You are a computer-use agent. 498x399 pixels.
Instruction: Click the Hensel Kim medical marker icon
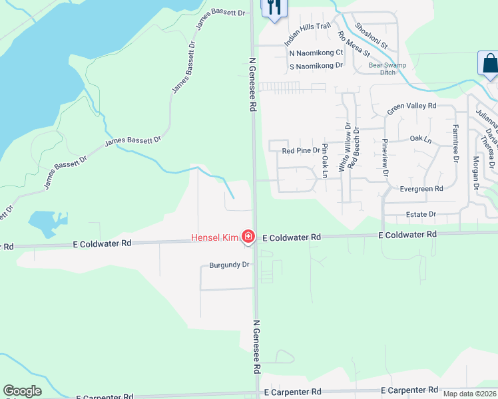pos(248,236)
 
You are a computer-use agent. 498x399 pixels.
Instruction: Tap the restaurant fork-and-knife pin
pos(273,8)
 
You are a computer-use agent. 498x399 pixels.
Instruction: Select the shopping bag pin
pos(489,64)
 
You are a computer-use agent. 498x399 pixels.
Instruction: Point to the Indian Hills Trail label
pos(308,35)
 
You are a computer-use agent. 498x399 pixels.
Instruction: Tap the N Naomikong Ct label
pos(316,53)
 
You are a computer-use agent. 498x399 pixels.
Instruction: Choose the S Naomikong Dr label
pos(316,66)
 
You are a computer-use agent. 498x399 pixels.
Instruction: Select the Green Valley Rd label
pos(411,106)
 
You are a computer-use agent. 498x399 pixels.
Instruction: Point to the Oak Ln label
pos(420,140)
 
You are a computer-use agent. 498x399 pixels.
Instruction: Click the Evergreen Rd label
pos(421,189)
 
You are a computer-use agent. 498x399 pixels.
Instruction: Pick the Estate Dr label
pos(421,214)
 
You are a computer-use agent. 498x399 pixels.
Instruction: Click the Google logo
pos(22,391)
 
